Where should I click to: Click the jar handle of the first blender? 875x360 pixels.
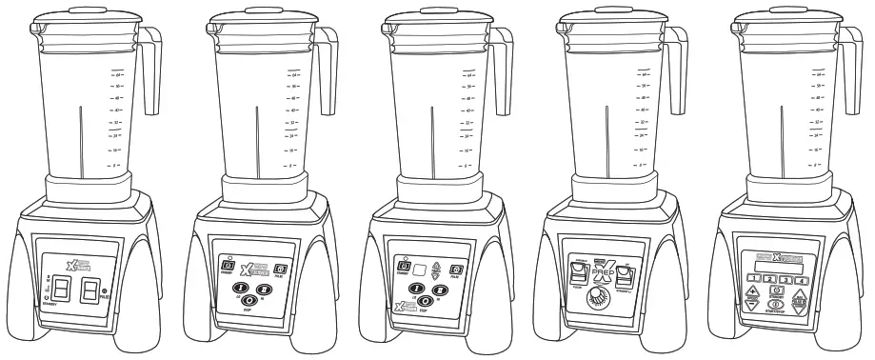tap(153, 71)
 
